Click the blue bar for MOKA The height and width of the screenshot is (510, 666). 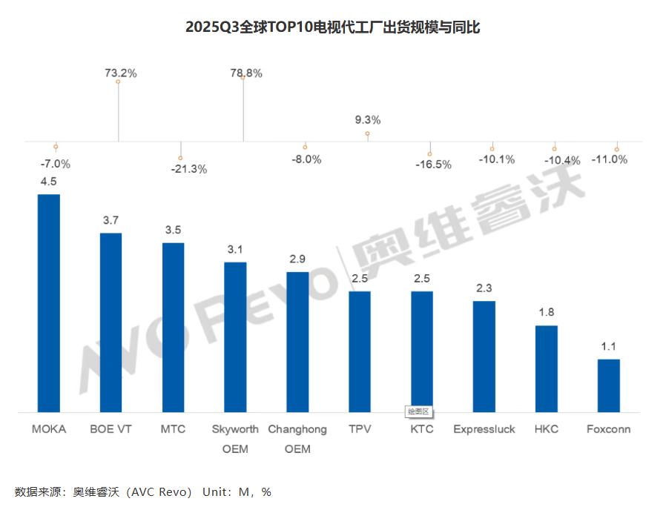pos(49,302)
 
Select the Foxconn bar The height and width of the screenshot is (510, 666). pos(609,385)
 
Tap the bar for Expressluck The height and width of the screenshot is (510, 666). pos(484,356)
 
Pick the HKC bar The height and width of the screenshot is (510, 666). pos(547,368)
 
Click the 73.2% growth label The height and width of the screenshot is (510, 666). pos(120,73)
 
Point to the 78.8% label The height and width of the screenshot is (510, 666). pos(246,73)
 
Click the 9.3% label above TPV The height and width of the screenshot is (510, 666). pos(368,119)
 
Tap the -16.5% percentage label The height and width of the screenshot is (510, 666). pos(433,165)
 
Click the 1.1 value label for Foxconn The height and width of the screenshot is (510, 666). pos(608,346)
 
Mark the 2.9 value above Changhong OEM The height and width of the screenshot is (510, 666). pos(297,259)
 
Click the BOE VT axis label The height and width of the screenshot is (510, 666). pos(111,429)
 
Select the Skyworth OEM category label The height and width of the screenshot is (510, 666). pos(235,438)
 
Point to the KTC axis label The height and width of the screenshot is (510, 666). pos(422,429)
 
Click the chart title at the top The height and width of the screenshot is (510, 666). pos(332,27)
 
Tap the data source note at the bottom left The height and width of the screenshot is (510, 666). pos(143,491)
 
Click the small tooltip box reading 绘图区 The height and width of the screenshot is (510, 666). pos(418,412)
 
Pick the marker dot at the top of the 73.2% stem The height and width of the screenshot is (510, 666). pos(118,82)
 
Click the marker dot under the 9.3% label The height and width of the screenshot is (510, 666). pos(367,133)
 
